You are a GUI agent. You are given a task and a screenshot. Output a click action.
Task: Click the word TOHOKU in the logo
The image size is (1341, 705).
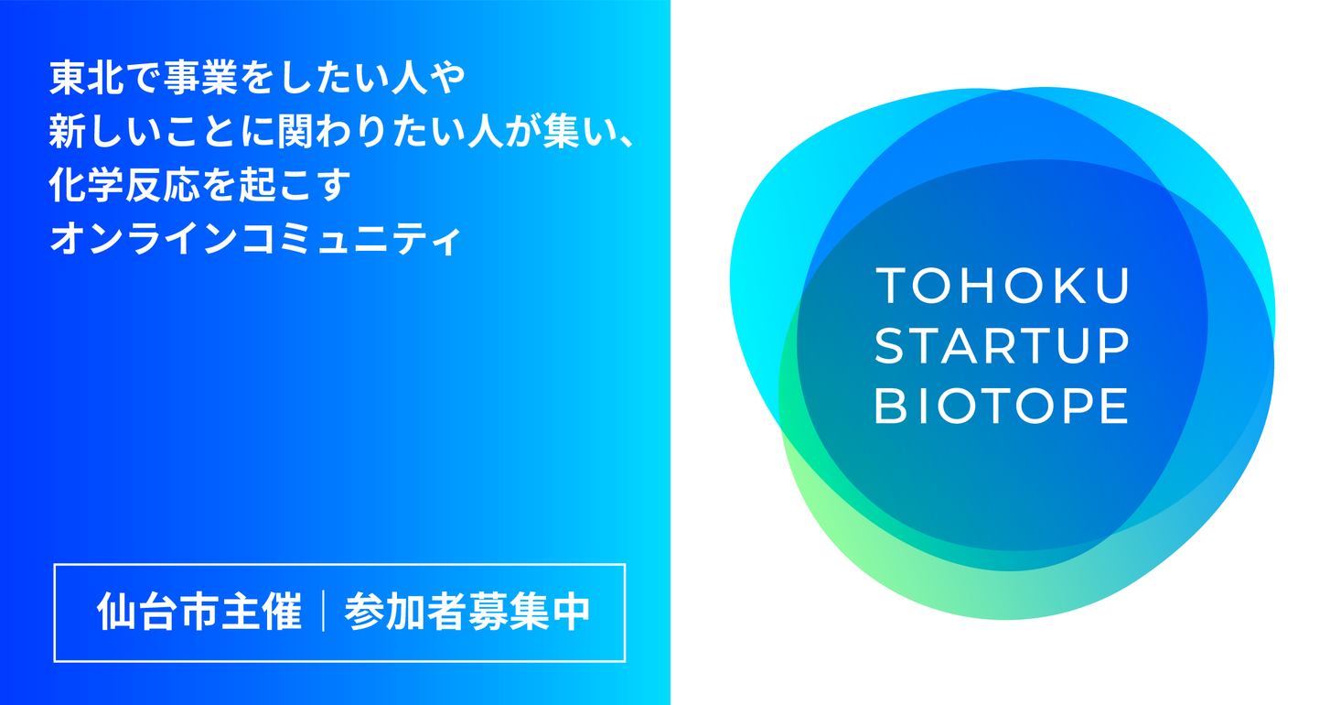tap(1003, 287)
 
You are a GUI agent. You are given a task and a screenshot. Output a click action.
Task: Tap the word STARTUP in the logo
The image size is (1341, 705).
tap(1003, 346)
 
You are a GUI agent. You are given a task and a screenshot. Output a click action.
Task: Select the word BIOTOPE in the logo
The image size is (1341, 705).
tap(1003, 406)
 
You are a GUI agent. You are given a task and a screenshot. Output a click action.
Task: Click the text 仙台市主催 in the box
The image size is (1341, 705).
tap(198, 613)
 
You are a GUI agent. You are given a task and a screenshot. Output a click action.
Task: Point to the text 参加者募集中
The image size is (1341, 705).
tap(467, 613)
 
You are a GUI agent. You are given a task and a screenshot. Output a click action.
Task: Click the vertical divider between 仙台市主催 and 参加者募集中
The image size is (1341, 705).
tap(324, 613)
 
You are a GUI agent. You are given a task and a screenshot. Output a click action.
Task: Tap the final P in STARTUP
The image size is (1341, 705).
tap(1114, 346)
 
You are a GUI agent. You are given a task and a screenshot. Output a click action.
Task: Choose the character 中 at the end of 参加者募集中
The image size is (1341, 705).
tap(573, 613)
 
